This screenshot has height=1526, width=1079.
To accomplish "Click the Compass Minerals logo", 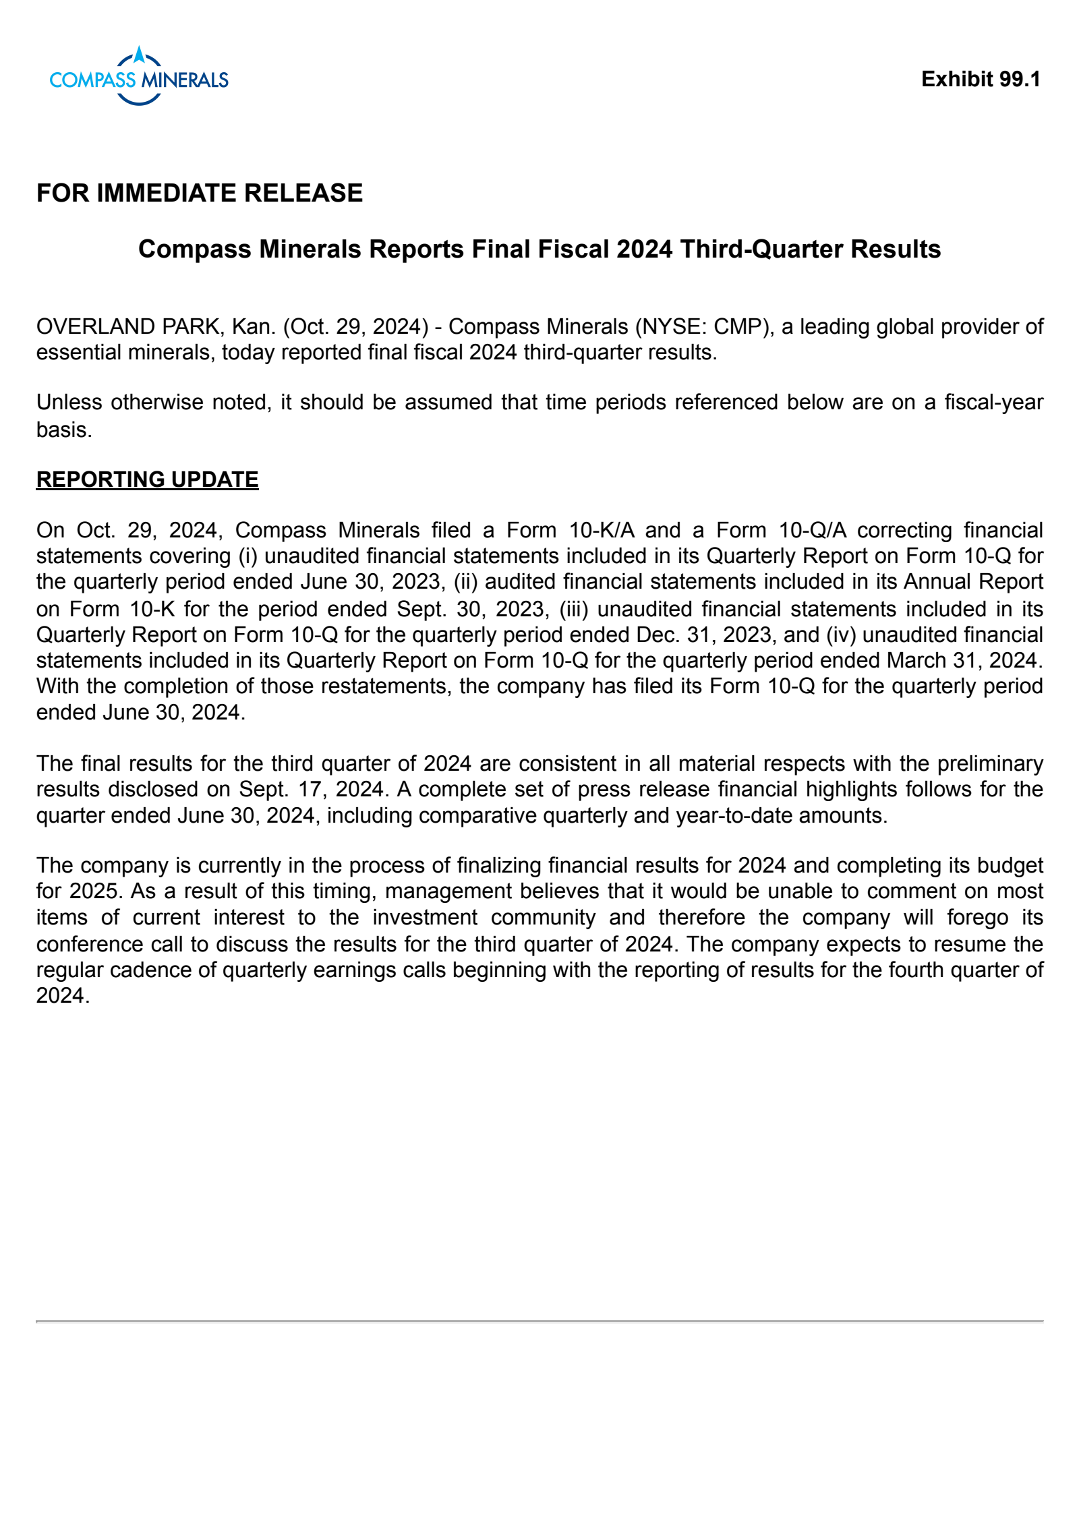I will [139, 78].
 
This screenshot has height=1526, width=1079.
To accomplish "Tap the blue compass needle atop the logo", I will [139, 54].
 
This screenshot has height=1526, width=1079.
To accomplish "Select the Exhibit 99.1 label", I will [981, 79].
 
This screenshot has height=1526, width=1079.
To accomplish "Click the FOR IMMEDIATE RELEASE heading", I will [200, 193].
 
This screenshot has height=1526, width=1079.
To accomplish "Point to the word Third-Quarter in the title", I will [761, 249].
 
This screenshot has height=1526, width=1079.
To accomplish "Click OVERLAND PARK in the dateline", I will [128, 326].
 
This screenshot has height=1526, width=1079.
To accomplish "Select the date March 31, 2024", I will [964, 660].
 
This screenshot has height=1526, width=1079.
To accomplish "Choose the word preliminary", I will [990, 763].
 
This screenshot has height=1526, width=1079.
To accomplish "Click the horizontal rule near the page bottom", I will [539, 1321].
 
